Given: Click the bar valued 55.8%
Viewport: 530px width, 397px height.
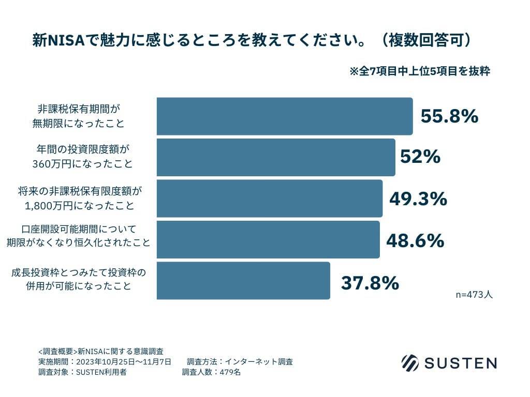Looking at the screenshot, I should pyautogui.click(x=285, y=116).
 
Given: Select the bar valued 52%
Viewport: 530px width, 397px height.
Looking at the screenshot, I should pyautogui.click(x=276, y=157).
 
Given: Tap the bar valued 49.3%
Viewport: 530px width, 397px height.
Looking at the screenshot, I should pyautogui.click(x=270, y=198).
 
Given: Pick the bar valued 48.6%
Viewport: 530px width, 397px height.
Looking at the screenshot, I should pyautogui.click(x=268, y=240).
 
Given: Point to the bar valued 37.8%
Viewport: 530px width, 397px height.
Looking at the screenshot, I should pyautogui.click(x=243, y=281).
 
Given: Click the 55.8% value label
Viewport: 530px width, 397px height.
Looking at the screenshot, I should pyautogui.click(x=449, y=116).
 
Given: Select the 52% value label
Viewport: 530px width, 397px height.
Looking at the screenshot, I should pyautogui.click(x=420, y=157).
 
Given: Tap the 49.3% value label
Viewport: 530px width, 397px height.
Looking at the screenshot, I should pyautogui.click(x=418, y=198).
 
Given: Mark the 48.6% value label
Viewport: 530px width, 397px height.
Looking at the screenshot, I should pyautogui.click(x=415, y=240).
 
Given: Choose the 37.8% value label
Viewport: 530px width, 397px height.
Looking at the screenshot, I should pyautogui.click(x=370, y=283).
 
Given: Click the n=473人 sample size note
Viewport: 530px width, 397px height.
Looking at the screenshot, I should pyautogui.click(x=474, y=295).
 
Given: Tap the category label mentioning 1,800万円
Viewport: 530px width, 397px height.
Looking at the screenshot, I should pyautogui.click(x=79, y=198).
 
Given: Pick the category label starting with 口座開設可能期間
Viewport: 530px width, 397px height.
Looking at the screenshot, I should pyautogui.click(x=78, y=235).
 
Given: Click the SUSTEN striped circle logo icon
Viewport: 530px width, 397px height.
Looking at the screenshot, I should pyautogui.click(x=410, y=362).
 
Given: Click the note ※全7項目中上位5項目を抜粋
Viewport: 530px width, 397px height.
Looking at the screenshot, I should pyautogui.click(x=420, y=71).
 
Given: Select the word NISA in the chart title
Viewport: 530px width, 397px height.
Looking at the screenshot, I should pyautogui.click(x=65, y=40).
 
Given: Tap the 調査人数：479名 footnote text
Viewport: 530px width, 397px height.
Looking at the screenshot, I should pyautogui.click(x=211, y=372).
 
